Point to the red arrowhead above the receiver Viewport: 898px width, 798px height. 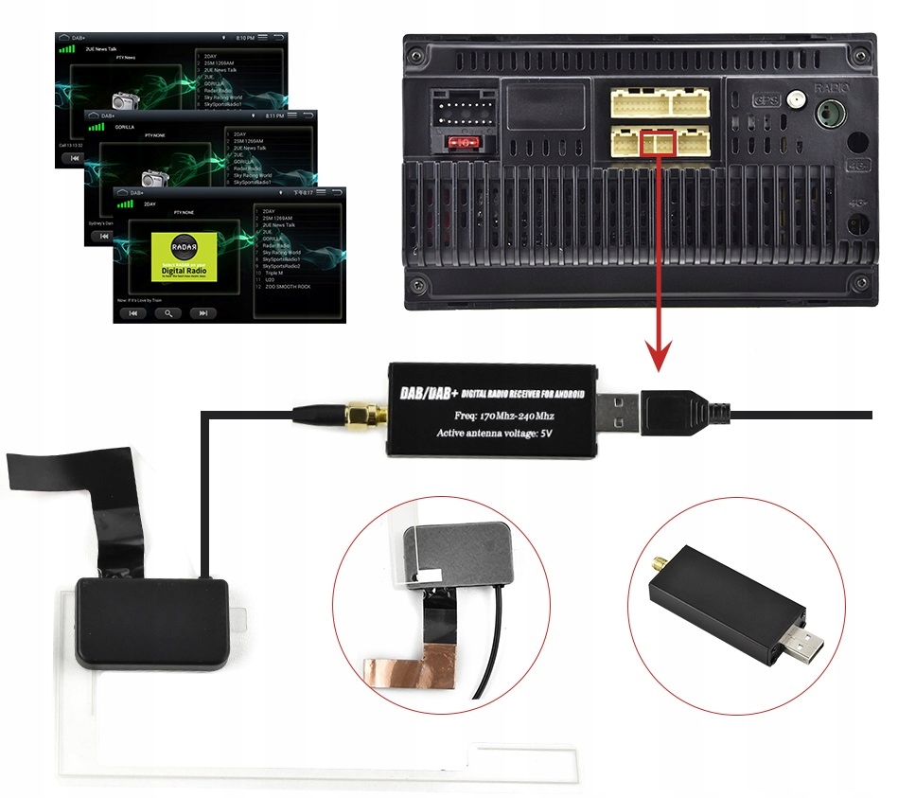click(x=659, y=359)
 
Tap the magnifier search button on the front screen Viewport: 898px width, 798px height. click(x=168, y=312)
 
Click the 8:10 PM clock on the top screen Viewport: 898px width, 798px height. click(x=245, y=38)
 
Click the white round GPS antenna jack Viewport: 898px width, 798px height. click(x=798, y=98)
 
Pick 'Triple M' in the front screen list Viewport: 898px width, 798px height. click(x=274, y=273)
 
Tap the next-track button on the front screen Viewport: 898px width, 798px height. click(x=202, y=312)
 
